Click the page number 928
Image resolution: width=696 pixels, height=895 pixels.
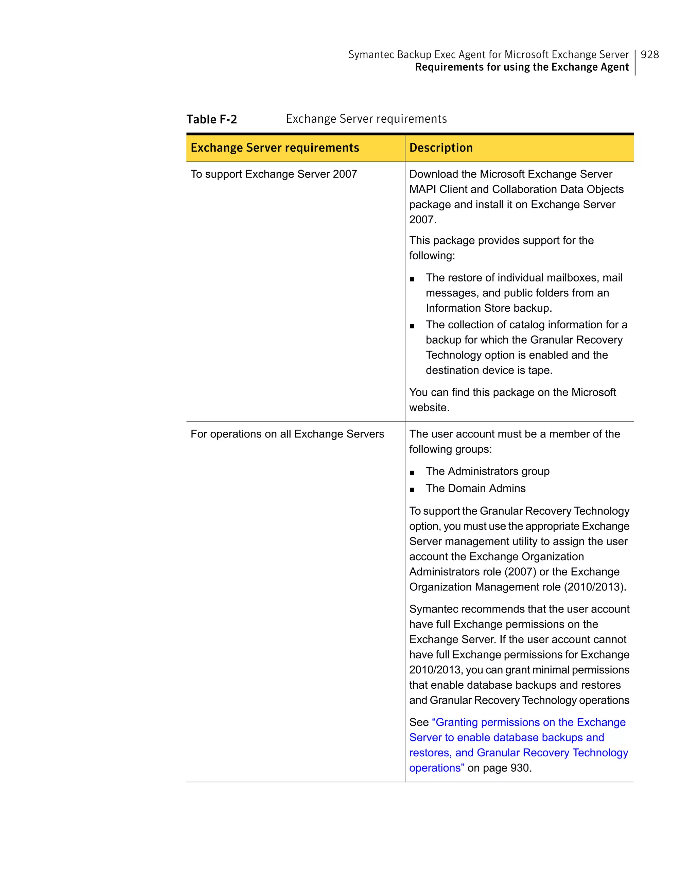(x=649, y=54)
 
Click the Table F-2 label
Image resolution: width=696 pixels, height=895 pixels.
(x=211, y=119)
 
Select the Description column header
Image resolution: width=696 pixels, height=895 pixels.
(x=441, y=148)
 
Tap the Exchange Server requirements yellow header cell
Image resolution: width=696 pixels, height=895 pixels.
(x=275, y=148)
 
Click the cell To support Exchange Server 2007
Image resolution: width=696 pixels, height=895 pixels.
(x=274, y=174)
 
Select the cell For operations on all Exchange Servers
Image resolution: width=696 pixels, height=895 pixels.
(x=287, y=434)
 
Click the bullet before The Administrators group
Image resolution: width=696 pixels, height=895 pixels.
(x=412, y=472)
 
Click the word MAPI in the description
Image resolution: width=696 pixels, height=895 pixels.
(x=422, y=189)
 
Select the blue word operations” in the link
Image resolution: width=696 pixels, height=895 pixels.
(x=437, y=768)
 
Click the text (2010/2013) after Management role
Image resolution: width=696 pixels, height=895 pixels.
(x=595, y=587)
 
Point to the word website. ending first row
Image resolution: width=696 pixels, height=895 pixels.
(x=429, y=408)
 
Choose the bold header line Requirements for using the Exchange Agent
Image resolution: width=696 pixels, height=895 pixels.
(x=521, y=67)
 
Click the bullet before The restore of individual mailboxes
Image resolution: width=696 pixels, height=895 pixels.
(x=412, y=279)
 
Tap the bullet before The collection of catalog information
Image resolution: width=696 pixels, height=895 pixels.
(x=412, y=326)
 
